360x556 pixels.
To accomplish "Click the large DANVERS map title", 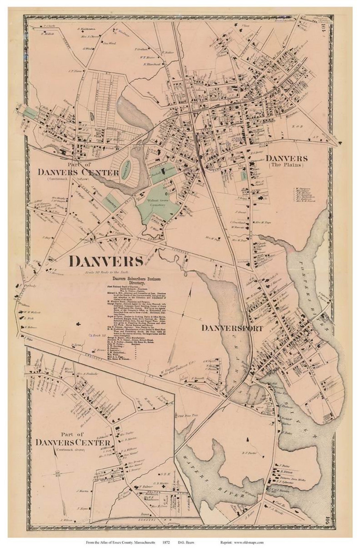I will pos(106,262).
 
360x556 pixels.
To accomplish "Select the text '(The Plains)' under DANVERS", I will pos(287,165).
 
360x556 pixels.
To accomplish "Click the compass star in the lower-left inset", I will pos(59,473).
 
